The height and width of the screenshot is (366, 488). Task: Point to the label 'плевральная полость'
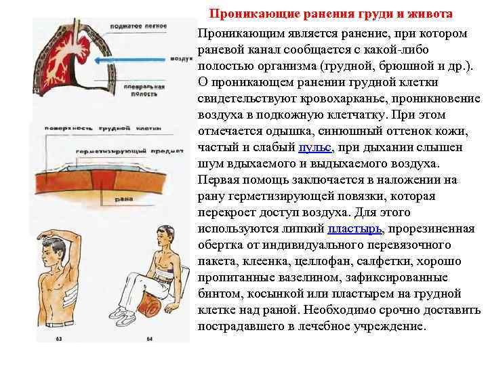148,91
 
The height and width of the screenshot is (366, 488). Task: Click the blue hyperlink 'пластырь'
353,228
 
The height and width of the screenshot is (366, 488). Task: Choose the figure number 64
150,338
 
